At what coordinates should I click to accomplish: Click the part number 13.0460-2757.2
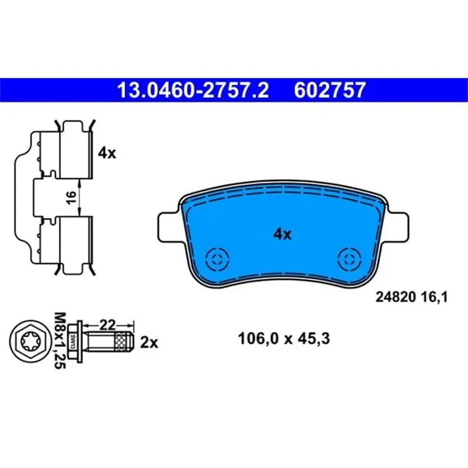(193, 90)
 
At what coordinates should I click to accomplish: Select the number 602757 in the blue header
(330, 90)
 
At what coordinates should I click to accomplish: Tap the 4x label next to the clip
(107, 152)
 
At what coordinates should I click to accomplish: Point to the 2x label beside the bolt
(149, 342)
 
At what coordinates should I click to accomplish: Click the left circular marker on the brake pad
(217, 258)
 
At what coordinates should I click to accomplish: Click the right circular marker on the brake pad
(349, 258)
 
